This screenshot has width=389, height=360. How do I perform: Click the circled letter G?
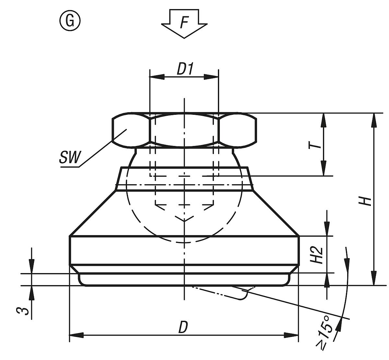click(x=69, y=21)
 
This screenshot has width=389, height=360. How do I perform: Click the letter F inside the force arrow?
click(x=184, y=23)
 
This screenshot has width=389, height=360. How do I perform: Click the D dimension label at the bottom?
click(x=183, y=327)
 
